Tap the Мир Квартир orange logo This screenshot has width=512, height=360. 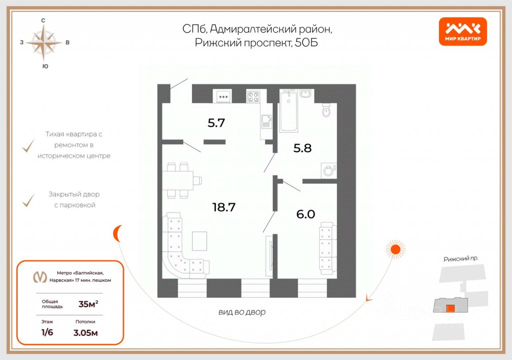[x=463, y=32]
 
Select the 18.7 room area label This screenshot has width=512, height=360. [x=224, y=207]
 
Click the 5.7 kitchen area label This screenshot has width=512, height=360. [x=216, y=123]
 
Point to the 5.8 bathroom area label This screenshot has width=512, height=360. [x=302, y=148]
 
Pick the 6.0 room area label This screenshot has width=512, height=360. [x=306, y=214]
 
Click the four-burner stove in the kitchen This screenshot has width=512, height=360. [x=253, y=97]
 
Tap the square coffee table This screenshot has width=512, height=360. [x=199, y=241]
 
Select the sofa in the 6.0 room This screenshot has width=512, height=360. [x=328, y=248]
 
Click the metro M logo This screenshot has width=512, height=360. [x=39, y=277]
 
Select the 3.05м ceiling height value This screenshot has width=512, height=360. [x=86, y=332]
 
